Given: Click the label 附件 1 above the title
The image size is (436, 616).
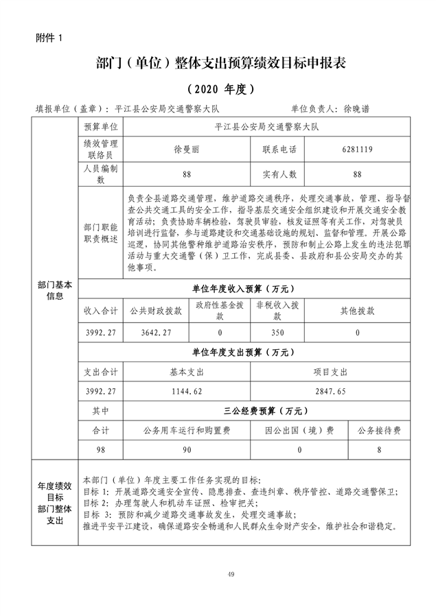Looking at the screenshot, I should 48,38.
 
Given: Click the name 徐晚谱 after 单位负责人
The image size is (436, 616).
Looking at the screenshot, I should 362,108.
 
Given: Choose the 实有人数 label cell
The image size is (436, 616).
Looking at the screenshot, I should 279,174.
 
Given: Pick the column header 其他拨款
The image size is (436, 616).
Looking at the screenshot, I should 358,310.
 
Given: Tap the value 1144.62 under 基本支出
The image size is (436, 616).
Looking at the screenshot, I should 187,391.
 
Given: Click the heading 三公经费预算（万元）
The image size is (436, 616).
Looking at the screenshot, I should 264,411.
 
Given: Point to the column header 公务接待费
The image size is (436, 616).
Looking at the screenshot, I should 379,430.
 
